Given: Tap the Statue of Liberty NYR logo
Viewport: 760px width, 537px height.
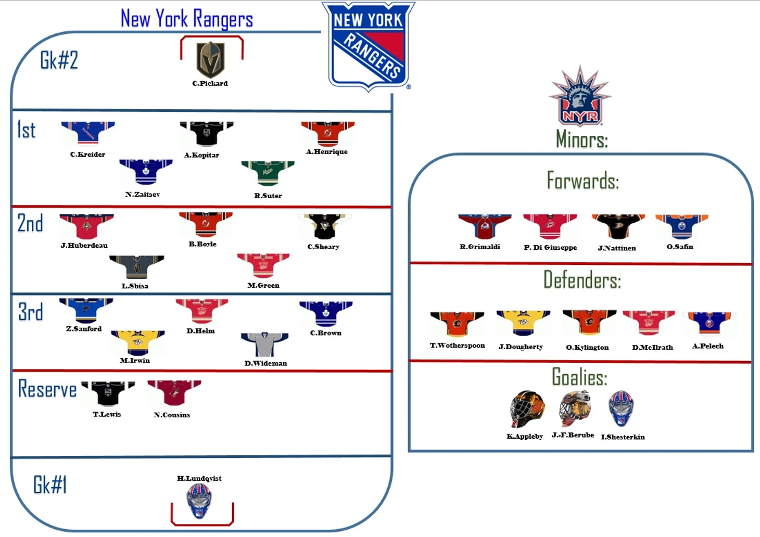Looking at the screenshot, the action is (580, 96).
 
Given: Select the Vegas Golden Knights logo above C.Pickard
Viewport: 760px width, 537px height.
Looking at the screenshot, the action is (211, 60).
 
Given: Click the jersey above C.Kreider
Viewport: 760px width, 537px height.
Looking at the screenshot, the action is (88, 133).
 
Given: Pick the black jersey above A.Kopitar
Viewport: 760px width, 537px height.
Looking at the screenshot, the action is (206, 134).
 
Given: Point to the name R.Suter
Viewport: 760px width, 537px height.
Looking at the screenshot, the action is (268, 196).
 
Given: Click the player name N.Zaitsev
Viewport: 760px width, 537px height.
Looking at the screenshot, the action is (143, 195).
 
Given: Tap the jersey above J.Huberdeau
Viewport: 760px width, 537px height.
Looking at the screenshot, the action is (86, 226).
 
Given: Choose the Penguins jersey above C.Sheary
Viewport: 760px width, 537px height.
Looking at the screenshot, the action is (325, 226).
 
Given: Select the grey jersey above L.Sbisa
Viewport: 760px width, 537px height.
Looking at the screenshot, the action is (136, 267).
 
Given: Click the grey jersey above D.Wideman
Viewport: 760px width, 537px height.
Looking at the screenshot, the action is (264, 344).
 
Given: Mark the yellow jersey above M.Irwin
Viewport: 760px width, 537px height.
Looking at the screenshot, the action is (138, 342).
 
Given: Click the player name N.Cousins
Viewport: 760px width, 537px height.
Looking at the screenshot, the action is (172, 415).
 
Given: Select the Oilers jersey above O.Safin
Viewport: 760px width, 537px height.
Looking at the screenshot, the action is (681, 227).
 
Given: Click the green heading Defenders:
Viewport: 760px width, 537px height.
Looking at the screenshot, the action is (582, 280).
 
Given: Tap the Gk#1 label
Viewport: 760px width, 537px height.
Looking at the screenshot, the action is (50, 484).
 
